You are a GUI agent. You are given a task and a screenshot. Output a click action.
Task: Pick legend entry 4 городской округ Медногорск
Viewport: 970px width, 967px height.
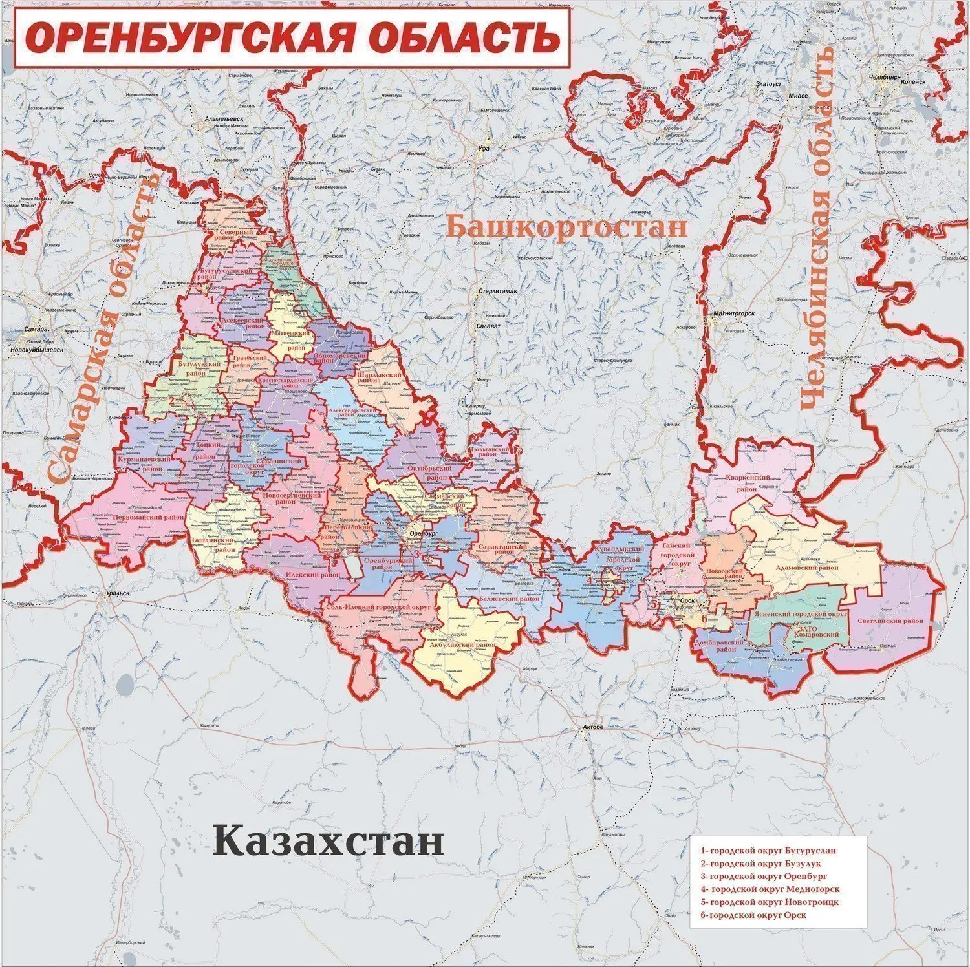tap(770, 889)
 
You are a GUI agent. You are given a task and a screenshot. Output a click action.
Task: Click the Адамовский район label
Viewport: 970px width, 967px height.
tap(805, 568)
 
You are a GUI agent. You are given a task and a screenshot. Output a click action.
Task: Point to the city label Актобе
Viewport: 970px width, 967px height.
tap(593, 727)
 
